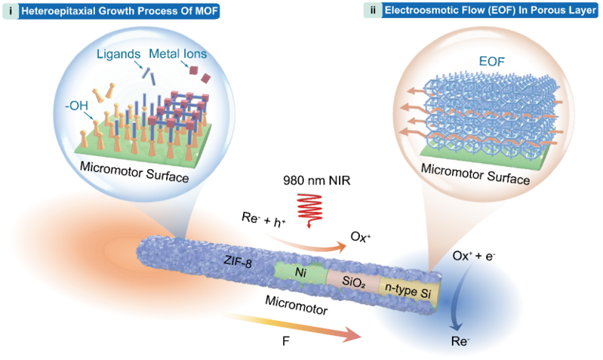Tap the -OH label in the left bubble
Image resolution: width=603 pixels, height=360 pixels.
pos(78,106)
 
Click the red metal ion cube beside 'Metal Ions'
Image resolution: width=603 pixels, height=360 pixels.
pos(195,71)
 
